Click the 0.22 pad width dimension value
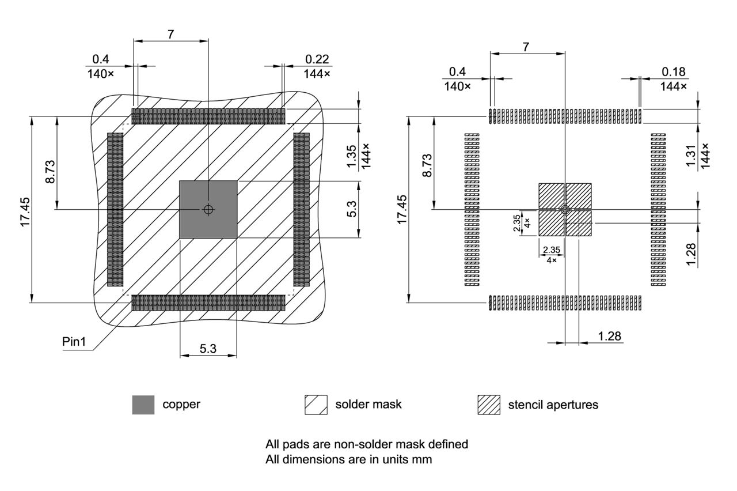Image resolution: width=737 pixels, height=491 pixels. tap(318, 59)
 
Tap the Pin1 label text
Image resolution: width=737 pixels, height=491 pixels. tap(74, 342)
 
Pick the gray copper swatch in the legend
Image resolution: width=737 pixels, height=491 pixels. tap(143, 405)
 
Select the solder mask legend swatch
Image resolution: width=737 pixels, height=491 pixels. tap(316, 405)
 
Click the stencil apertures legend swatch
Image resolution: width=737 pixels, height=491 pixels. tap(488, 405)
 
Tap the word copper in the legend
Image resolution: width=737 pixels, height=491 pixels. tap(181, 404)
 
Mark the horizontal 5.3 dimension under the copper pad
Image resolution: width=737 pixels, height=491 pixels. tap(208, 348)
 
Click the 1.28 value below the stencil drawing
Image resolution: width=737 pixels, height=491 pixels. tap(610, 335)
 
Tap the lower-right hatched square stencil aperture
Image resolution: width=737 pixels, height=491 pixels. tap(579, 224)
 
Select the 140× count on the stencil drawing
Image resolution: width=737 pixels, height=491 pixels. tap(457, 86)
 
